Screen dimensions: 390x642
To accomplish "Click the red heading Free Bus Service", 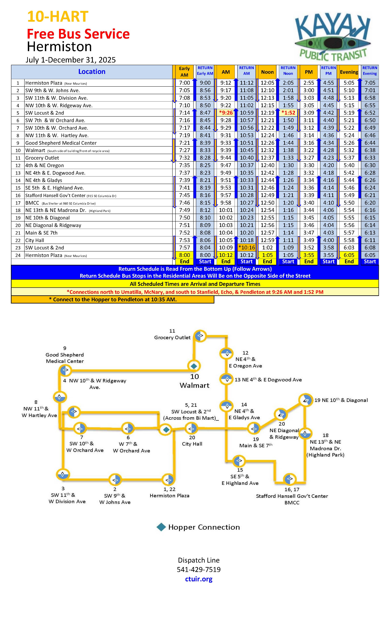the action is click(x=78, y=34).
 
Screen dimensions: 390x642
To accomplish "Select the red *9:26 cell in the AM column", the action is click(x=226, y=113).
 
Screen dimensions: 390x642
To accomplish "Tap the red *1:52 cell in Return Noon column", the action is click(x=288, y=113).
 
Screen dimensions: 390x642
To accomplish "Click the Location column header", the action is click(x=92, y=72).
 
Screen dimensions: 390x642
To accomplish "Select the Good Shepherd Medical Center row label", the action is click(x=61, y=143).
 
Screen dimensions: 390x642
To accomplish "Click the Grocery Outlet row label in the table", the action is click(x=42, y=158).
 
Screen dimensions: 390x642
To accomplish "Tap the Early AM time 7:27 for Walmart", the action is click(x=185, y=150).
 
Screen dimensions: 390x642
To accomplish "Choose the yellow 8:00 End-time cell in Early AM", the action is click(x=185, y=255).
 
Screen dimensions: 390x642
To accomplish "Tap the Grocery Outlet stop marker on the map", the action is click(x=200, y=336).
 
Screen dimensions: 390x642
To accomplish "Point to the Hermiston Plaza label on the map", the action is click(x=169, y=496).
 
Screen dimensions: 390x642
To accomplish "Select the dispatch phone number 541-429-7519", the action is click(x=199, y=570).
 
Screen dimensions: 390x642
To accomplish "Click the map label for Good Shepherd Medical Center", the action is click(x=65, y=358).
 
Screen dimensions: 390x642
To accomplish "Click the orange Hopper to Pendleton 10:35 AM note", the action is click(x=113, y=300).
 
